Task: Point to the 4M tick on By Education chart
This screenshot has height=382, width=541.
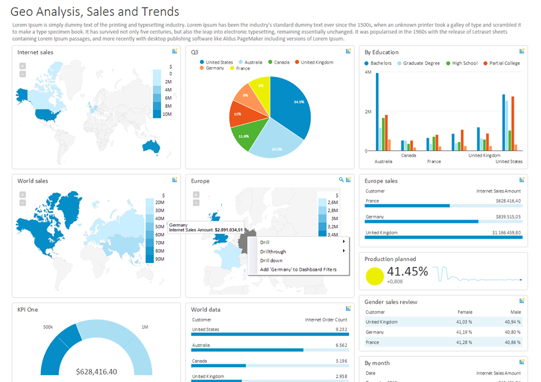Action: [x=367, y=72]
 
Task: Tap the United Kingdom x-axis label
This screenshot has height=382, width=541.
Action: [x=484, y=155]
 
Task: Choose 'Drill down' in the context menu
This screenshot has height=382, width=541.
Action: [x=271, y=261]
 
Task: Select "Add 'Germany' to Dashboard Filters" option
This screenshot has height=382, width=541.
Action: [x=298, y=270]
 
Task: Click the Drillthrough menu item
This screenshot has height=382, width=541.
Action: [x=273, y=252]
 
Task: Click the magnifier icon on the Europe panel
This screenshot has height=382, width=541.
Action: [x=341, y=179]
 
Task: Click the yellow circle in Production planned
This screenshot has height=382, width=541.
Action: [x=375, y=276]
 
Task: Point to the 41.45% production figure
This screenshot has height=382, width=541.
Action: [x=407, y=271]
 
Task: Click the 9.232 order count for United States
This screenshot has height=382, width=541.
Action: [x=341, y=330]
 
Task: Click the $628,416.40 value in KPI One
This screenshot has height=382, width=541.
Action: [x=96, y=372]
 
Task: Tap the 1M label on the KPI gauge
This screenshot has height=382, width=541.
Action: [x=145, y=327]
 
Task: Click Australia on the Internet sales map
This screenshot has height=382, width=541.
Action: [x=151, y=147]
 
